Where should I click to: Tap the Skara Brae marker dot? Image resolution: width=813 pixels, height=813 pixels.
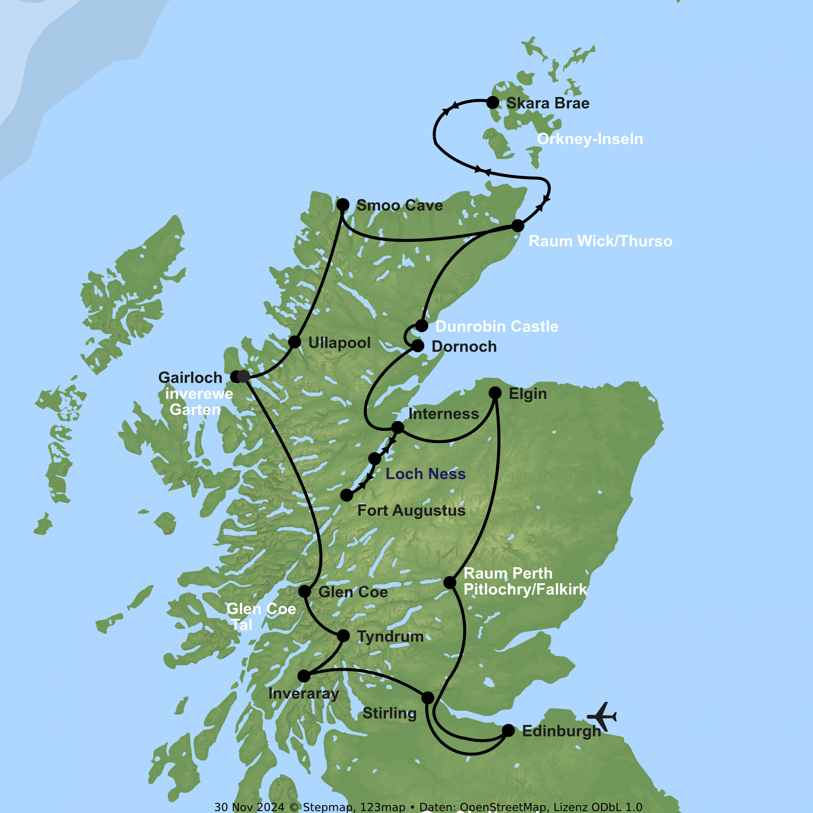click(x=492, y=102)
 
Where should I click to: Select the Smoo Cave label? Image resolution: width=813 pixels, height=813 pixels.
click(x=399, y=205)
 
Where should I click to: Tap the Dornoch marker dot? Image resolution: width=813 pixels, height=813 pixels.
click(x=417, y=346)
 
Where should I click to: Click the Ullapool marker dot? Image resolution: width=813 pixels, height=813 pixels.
click(x=295, y=342)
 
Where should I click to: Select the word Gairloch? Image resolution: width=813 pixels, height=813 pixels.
click(x=190, y=378)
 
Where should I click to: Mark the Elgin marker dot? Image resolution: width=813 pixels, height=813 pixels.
click(x=495, y=393)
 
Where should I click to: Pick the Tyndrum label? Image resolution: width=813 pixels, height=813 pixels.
click(x=390, y=636)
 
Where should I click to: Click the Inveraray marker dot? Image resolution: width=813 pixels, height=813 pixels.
click(x=304, y=676)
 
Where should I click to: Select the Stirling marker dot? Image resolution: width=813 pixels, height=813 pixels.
click(x=428, y=698)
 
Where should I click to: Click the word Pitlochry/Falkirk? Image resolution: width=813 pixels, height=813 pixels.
click(x=525, y=589)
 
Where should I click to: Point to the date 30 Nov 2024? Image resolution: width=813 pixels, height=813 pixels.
click(x=249, y=807)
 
